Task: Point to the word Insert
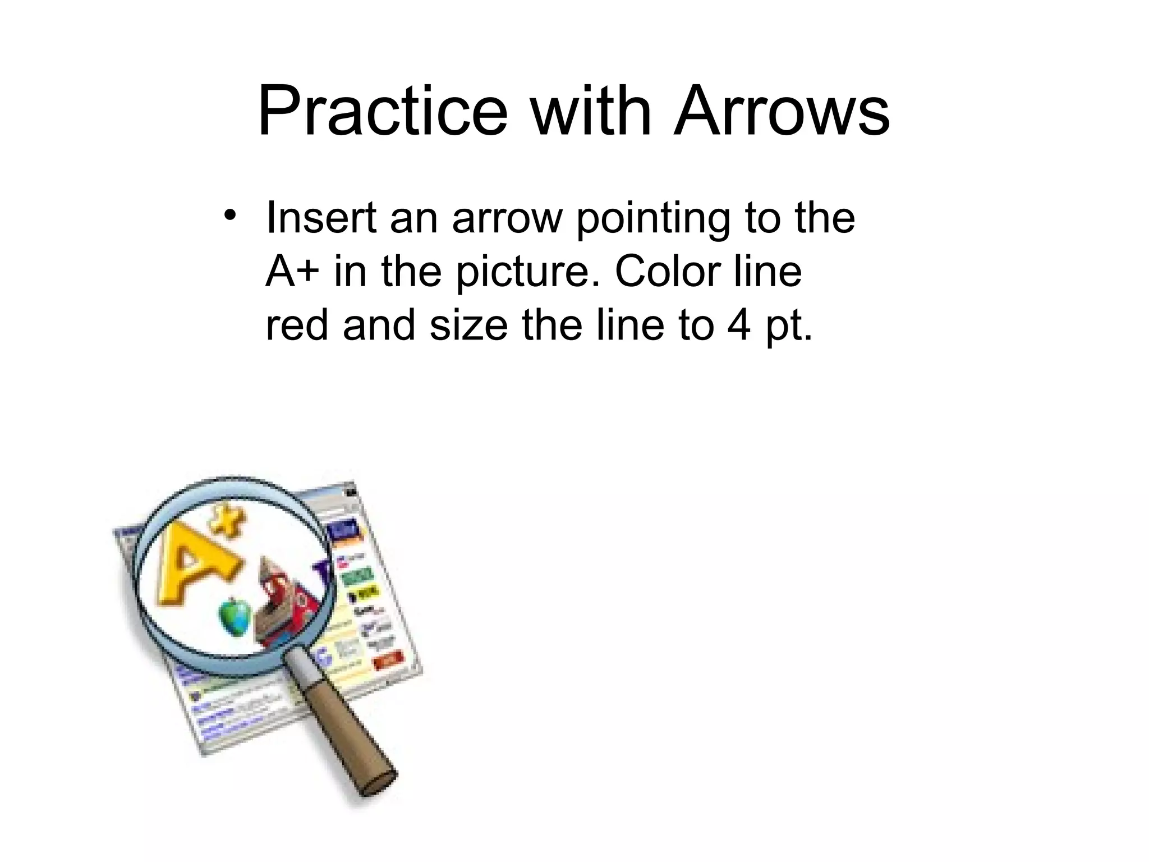(x=321, y=218)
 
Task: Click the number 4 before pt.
(x=739, y=326)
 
